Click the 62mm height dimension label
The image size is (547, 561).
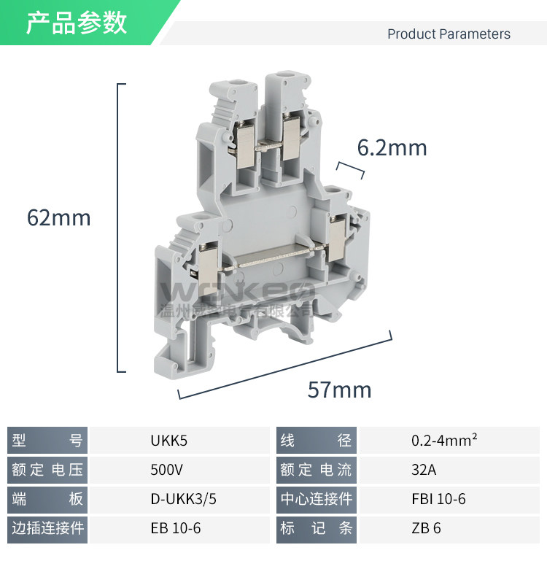pyautogui.click(x=58, y=217)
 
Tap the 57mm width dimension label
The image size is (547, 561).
pyautogui.click(x=339, y=390)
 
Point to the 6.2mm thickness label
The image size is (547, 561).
pyautogui.click(x=392, y=148)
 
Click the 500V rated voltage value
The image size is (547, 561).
pyautogui.click(x=167, y=470)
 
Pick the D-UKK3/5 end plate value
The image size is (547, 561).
pyautogui.click(x=183, y=499)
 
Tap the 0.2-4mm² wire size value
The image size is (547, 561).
pyautogui.click(x=444, y=441)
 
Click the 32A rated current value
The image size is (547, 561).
pyautogui.click(x=424, y=470)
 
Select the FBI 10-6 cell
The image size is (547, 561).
pyautogui.click(x=438, y=499)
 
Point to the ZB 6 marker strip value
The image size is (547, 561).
pyautogui.click(x=426, y=528)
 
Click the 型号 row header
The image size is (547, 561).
pyautogui.click(x=48, y=441)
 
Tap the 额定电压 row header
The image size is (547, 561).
pyautogui.click(x=48, y=470)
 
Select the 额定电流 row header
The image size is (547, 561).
pyautogui.click(x=317, y=470)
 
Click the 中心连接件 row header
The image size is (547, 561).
pyautogui.click(x=317, y=499)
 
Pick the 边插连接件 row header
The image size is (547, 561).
pyautogui.click(x=48, y=528)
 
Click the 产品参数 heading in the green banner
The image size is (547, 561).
pyautogui.click(x=77, y=23)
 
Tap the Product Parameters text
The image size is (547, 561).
pyautogui.click(x=449, y=34)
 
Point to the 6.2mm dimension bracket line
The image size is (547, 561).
pyautogui.click(x=351, y=169)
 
